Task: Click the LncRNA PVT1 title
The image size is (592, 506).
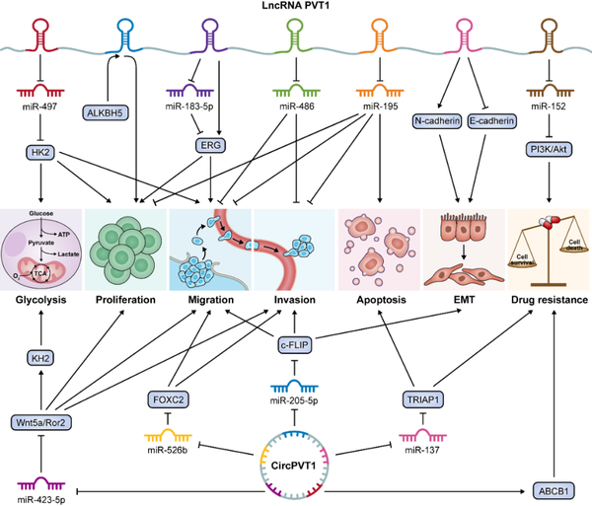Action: pos(295,8)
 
